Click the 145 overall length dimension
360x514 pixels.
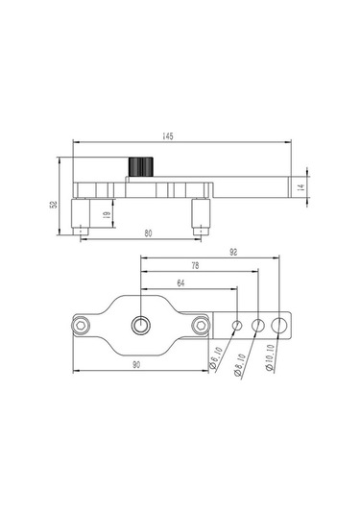(168, 136)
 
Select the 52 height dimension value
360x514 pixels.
(54, 205)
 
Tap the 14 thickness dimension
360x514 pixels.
(302, 187)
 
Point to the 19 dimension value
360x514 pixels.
(107, 215)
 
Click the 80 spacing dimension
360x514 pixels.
(149, 233)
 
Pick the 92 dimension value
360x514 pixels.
(233, 252)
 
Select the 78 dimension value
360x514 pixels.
(195, 265)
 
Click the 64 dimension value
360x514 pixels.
(180, 282)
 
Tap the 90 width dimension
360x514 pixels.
(136, 364)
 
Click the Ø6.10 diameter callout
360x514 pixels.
(216, 358)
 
